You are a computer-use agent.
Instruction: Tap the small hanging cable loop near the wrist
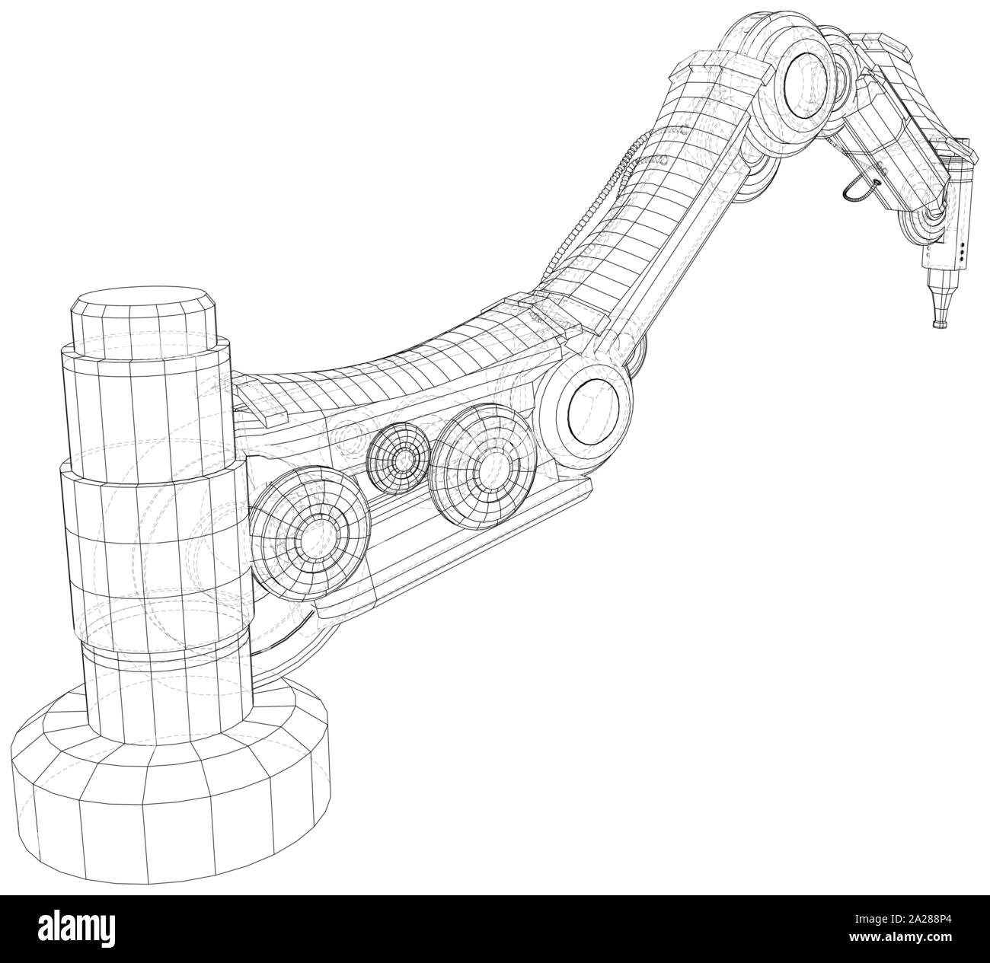tap(858, 190)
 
